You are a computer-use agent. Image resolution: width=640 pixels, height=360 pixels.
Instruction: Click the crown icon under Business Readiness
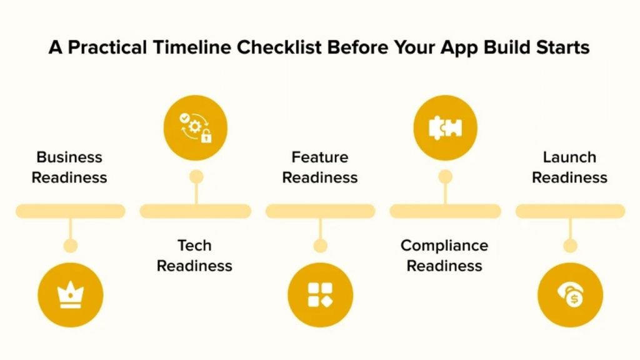click(x=70, y=295)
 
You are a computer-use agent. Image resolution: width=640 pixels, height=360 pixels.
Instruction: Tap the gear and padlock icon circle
click(x=195, y=127)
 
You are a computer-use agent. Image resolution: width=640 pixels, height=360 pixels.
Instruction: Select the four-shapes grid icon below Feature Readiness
click(x=320, y=295)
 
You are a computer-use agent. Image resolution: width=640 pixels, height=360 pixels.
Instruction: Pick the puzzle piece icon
click(x=445, y=127)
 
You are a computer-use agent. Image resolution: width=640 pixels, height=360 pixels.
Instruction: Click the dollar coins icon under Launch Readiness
click(x=570, y=295)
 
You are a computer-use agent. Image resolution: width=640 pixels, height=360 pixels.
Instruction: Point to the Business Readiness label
click(x=69, y=167)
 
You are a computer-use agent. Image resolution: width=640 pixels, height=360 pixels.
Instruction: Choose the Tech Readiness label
click(x=194, y=256)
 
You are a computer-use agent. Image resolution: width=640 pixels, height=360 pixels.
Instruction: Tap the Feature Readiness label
click(x=320, y=167)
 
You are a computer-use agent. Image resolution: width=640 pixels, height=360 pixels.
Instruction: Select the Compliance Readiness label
click(x=444, y=256)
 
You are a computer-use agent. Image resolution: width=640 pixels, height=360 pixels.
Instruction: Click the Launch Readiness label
click(x=569, y=167)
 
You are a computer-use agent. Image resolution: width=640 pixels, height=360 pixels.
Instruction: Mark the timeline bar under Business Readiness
click(x=70, y=211)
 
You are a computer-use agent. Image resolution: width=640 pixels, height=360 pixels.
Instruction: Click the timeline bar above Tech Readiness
click(x=195, y=211)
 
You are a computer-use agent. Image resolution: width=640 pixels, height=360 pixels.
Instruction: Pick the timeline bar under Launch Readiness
click(x=570, y=211)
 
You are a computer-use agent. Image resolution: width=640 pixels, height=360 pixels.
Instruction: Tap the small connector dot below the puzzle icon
click(x=445, y=177)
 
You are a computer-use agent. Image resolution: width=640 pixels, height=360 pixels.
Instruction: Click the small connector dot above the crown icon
click(x=71, y=246)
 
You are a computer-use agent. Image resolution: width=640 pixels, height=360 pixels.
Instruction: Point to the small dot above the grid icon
click(x=320, y=246)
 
